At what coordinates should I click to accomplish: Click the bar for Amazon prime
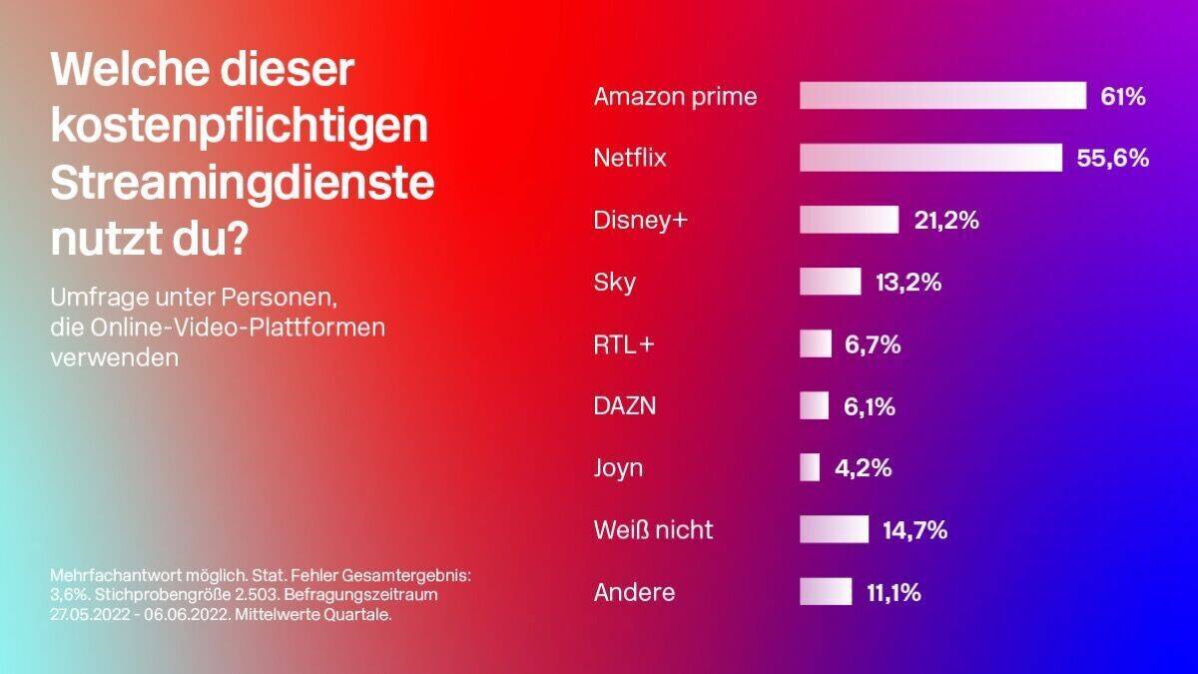[942, 96]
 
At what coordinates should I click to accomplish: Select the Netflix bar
[930, 158]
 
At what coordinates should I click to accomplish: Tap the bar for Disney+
[849, 220]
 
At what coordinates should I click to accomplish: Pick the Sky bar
[830, 282]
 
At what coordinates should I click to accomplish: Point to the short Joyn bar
[810, 467]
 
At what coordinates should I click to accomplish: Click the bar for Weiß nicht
[834, 529]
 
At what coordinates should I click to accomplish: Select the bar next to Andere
[826, 591]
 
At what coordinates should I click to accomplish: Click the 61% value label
[1122, 97]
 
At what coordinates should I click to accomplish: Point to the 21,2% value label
[946, 221]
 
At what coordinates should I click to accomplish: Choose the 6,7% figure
[873, 344]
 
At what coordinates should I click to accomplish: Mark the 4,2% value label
[863, 467]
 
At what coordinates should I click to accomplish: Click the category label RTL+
[624, 344]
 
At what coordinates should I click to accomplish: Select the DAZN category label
[625, 406]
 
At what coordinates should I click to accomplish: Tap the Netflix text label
[629, 159]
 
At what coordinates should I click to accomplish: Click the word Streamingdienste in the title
[243, 184]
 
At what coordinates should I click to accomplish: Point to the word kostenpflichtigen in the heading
[239, 127]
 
